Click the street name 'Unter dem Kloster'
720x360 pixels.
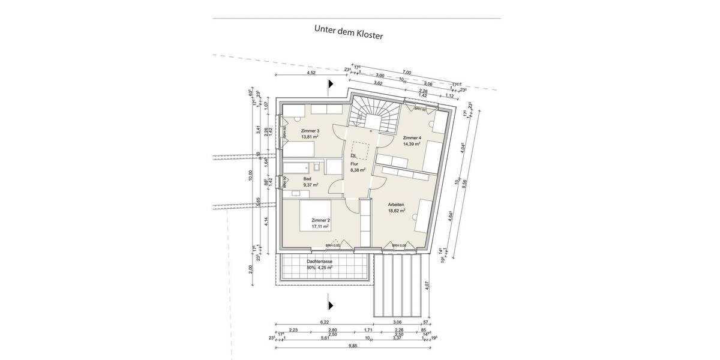pos(348,32)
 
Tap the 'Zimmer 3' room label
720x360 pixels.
pos(310,131)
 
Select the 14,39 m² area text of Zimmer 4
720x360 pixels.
pos(412,145)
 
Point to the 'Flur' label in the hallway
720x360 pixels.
pos(354,163)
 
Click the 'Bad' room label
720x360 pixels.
pos(307,179)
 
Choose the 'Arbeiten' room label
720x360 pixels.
pos(396,204)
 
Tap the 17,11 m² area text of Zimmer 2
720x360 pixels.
pos(320,227)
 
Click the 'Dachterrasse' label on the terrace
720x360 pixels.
pos(319,262)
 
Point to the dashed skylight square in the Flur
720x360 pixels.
pos(361,149)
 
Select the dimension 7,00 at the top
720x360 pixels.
pos(407,73)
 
